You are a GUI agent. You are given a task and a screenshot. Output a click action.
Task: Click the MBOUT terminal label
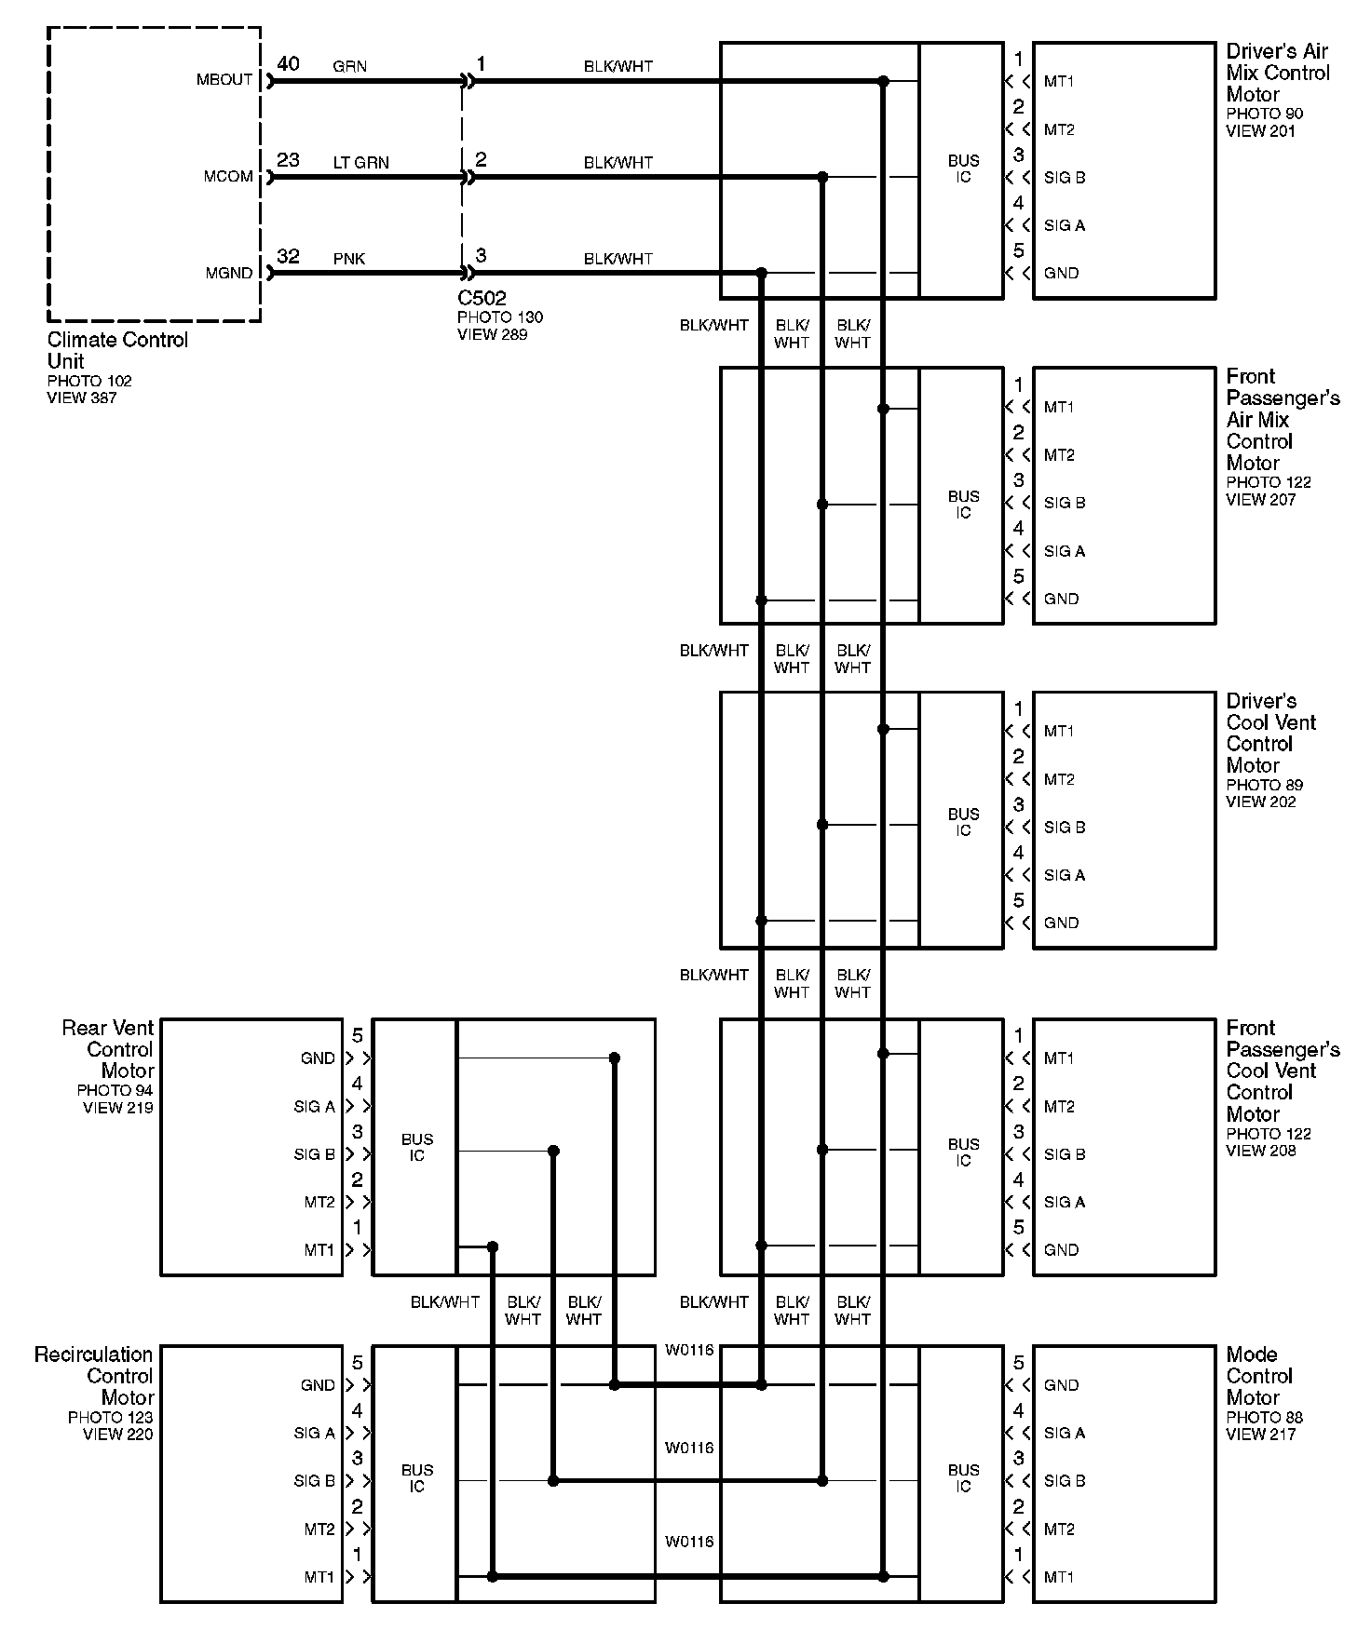224,80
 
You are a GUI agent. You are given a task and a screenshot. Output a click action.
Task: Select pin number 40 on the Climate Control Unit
288,63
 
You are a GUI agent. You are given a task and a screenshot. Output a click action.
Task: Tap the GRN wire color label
349,66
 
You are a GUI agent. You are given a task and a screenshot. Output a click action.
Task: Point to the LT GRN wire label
360,162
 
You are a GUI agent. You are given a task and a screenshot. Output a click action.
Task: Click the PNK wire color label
349,258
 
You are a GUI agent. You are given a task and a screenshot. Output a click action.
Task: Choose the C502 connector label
482,298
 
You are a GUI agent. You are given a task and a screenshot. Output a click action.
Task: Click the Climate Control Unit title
117,350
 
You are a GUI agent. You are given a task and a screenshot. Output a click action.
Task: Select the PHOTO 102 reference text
89,381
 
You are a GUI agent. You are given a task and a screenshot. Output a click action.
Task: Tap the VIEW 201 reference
1260,130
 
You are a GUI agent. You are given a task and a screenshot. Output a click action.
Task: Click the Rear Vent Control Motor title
107,1049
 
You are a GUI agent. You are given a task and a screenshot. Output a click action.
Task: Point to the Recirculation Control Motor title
93,1376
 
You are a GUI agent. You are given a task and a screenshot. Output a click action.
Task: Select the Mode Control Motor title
1259,1376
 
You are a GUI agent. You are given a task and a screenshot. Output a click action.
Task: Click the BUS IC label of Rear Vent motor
416,1147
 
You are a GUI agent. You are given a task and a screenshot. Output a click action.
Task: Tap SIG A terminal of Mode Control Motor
1064,1433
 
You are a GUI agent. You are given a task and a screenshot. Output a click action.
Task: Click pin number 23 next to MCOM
288,159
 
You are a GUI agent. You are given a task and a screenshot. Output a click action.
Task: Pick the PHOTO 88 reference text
1264,1417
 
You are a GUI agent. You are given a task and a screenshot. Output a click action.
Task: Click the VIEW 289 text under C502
492,334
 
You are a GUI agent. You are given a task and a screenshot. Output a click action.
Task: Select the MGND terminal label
229,273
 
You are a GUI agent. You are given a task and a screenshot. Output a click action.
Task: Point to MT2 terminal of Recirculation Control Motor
319,1529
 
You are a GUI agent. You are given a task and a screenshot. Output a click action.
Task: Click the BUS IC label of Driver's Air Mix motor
963,168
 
